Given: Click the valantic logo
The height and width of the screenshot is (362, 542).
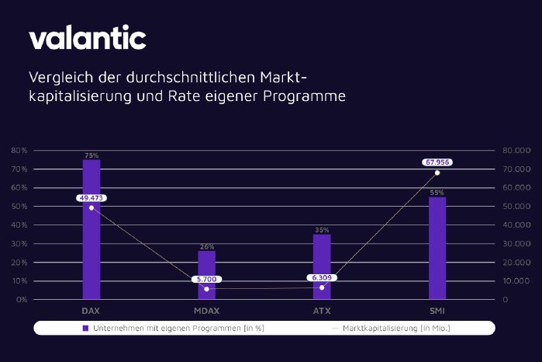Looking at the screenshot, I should (87, 38).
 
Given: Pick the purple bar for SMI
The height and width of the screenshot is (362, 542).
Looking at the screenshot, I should (437, 248).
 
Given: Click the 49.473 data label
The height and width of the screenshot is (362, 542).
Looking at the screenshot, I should (91, 198).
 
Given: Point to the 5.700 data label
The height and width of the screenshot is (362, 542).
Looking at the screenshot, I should (206, 278).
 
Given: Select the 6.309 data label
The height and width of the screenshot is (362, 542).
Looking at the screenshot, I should (322, 277).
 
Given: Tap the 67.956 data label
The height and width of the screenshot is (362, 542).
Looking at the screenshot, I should (437, 162).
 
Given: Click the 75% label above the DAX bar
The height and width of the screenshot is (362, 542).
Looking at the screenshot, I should (91, 155).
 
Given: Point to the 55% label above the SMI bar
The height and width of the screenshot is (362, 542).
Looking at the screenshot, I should (437, 192).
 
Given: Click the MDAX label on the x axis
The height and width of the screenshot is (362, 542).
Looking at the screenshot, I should (206, 309).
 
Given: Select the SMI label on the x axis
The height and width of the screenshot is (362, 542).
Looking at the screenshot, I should (437, 309).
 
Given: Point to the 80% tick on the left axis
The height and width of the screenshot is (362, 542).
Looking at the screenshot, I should (20, 150).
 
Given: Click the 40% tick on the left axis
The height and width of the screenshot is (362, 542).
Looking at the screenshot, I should (20, 225).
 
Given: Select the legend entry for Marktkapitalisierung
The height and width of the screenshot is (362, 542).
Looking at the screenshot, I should (392, 328).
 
